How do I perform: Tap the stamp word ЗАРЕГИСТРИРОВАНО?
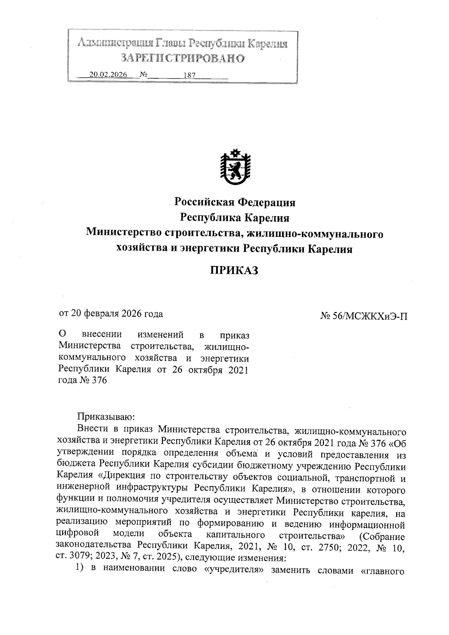183,58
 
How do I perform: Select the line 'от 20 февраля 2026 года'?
111,314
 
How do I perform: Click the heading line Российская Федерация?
235,203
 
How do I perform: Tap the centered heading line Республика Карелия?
235,218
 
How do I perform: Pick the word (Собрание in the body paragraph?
382,537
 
